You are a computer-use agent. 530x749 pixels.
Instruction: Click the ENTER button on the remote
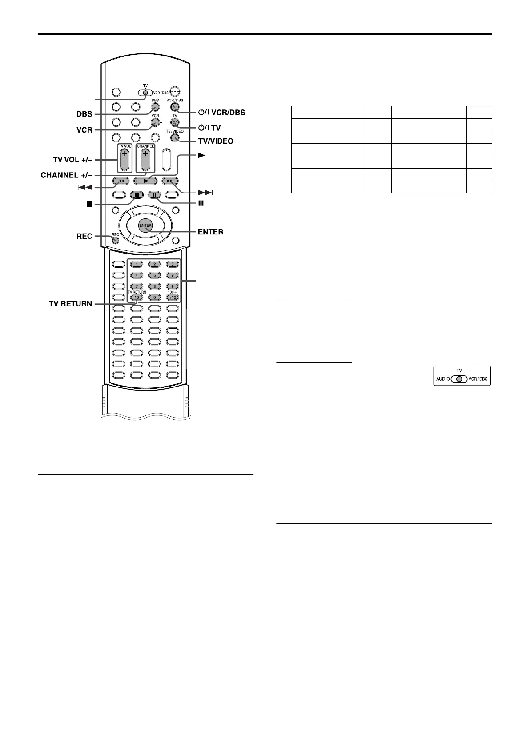click(145, 226)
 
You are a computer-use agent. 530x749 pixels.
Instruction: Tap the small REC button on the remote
click(115, 240)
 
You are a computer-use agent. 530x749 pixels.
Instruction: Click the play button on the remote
click(145, 181)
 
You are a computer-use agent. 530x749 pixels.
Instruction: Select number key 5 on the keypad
click(154, 275)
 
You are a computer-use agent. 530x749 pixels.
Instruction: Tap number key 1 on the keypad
click(137, 264)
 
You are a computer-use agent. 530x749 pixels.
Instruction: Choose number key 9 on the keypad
click(172, 286)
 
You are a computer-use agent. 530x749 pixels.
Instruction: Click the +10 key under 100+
click(172, 298)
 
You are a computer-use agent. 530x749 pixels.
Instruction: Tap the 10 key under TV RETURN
click(137, 298)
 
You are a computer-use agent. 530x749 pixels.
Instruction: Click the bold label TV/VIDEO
click(216, 141)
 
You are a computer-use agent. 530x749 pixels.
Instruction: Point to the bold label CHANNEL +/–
click(66, 175)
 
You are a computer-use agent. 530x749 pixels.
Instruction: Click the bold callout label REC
click(84, 236)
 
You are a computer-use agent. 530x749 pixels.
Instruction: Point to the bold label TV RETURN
click(70, 304)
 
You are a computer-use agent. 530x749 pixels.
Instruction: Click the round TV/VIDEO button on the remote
click(174, 137)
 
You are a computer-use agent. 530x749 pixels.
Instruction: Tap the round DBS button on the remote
click(155, 107)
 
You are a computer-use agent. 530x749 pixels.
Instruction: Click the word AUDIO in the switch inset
click(443, 379)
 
